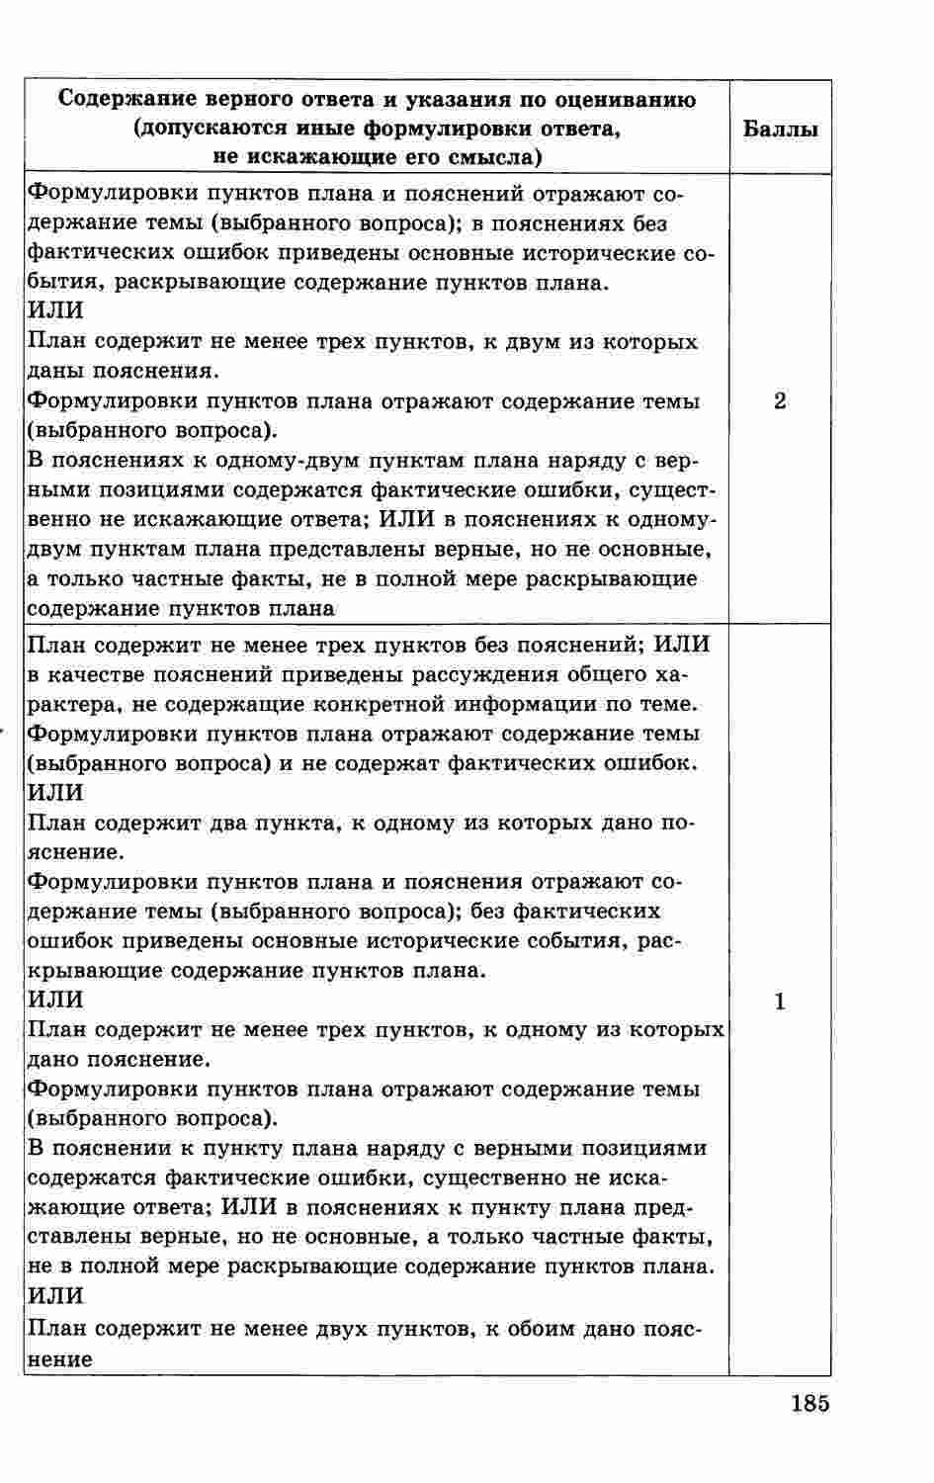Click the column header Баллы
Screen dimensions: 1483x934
780,130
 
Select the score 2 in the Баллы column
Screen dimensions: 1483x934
780,401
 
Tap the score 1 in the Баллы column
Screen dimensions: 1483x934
780,1003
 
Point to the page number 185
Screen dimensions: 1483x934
809,1404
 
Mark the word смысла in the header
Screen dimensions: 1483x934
488,158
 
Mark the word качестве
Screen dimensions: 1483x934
91,675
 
